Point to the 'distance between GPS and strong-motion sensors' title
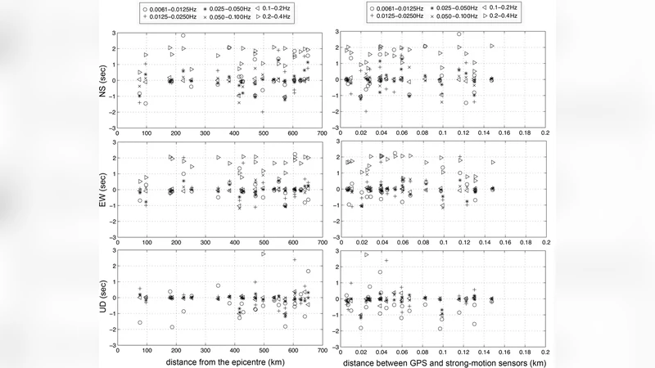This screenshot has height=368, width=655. [443, 361]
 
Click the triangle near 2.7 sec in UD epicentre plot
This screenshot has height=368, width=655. [264, 254]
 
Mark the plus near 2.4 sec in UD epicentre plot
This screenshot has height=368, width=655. [294, 260]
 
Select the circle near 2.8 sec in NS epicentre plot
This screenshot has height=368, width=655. [183, 35]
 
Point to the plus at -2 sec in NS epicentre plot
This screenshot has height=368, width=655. [263, 111]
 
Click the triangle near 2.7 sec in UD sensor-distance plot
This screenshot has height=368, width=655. [366, 254]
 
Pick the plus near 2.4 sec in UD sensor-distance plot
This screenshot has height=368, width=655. [386, 260]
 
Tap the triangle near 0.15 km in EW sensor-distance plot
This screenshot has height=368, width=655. [493, 162]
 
